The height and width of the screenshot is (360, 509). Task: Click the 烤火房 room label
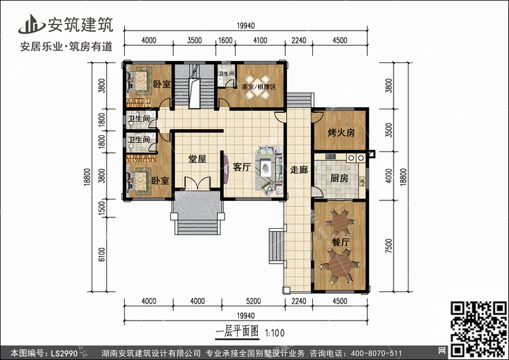click(x=341, y=132)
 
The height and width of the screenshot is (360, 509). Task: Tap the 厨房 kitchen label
click(x=339, y=178)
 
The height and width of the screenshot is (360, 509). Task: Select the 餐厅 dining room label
click(x=341, y=242)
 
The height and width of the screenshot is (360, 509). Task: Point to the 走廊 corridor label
click(x=299, y=170)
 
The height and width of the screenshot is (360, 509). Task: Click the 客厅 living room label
click(x=242, y=167)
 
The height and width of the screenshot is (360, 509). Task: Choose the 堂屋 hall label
click(x=197, y=159)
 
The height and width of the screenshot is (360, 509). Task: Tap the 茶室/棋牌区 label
click(x=259, y=87)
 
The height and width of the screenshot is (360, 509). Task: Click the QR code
click(x=478, y=329)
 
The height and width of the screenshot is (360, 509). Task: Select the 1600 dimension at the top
click(x=225, y=40)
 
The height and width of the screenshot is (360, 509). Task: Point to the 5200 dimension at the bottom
click(x=253, y=301)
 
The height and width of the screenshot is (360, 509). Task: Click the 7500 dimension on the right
click(x=389, y=246)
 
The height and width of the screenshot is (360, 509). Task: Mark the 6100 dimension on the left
click(x=102, y=255)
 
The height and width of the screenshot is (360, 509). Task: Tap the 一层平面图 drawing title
click(x=238, y=332)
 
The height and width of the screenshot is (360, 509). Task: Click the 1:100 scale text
click(x=275, y=333)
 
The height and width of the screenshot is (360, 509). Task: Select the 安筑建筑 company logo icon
click(x=31, y=24)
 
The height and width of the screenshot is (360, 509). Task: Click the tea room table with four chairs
click(x=257, y=87)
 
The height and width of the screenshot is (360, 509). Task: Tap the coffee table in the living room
click(x=266, y=168)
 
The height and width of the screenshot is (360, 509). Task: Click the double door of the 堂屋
click(x=197, y=183)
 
